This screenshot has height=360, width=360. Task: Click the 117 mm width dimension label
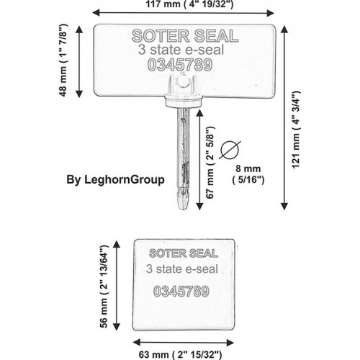pyautogui.click(x=189, y=4)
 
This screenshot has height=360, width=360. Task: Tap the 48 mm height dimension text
pyautogui.click(x=63, y=60)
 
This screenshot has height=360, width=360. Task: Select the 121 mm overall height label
pyautogui.click(x=296, y=130)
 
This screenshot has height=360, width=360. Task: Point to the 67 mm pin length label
pyautogui.click(x=210, y=163)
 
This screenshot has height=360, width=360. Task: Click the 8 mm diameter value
pyautogui.click(x=248, y=168)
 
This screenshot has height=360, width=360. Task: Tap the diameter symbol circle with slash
pyautogui.click(x=230, y=150)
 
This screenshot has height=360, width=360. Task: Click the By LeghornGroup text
pyautogui.click(x=115, y=180)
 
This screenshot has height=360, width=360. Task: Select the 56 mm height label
pyautogui.click(x=104, y=287)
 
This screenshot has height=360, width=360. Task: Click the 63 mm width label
pyautogui.click(x=180, y=354)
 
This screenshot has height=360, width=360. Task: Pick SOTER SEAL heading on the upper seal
pyautogui.click(x=185, y=36)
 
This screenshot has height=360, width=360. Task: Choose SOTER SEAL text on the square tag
pyautogui.click(x=184, y=253)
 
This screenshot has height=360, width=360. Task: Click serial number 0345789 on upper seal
pyautogui.click(x=180, y=65)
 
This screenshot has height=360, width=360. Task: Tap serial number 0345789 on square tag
pyautogui.click(x=181, y=292)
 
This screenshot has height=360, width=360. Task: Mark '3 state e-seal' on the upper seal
pyautogui.click(x=181, y=50)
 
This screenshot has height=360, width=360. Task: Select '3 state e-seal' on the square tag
pyautogui.click(x=182, y=269)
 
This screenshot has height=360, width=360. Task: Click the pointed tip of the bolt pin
pyautogui.click(x=183, y=210)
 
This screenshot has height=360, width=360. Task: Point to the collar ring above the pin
pyautogui.click(x=184, y=101)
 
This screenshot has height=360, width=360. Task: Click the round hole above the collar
pyautogui.click(x=183, y=81)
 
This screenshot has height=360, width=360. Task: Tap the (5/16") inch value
pyautogui.click(x=248, y=180)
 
